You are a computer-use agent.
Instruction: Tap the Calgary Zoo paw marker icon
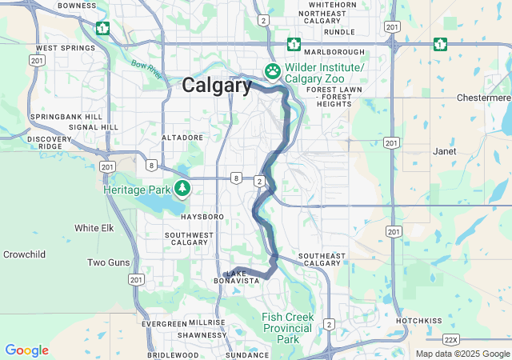pos(273,72)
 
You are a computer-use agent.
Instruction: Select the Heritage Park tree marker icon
pos(183,189)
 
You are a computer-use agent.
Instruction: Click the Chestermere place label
pos(482,98)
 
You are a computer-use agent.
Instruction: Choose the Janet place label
pos(444,150)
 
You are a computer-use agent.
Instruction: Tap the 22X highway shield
pos(451,340)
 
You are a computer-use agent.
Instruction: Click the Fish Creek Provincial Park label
pos(288,328)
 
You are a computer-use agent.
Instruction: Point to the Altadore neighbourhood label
pos(183,138)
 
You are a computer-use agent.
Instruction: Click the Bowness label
pos(77,6)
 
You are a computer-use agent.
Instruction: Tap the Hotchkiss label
pos(418,321)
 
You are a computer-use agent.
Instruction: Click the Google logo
pos(26,350)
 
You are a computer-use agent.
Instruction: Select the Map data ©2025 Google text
pos(462,354)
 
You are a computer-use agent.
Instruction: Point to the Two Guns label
pos(108,262)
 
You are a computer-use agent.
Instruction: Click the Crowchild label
pos(24,254)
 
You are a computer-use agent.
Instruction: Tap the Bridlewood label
pos(173,354)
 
